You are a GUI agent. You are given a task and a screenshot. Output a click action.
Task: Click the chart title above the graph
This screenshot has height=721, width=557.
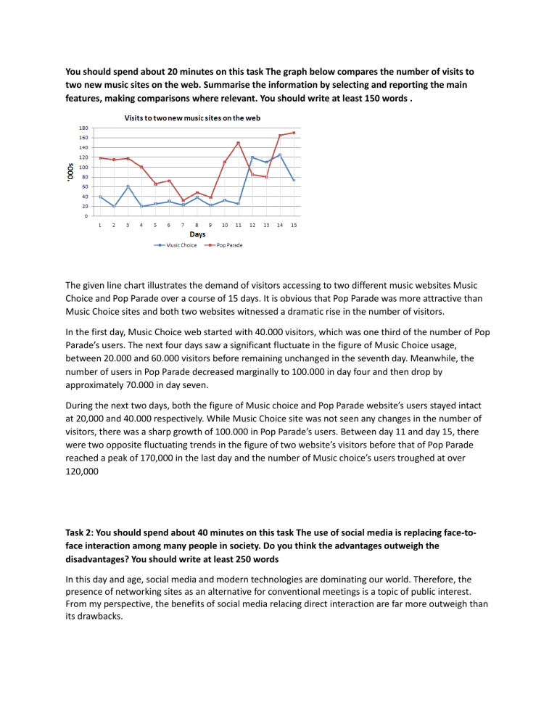194,118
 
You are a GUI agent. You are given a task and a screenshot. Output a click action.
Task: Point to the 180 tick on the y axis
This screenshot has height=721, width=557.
84,128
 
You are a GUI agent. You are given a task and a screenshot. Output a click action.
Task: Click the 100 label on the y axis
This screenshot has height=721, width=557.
84,167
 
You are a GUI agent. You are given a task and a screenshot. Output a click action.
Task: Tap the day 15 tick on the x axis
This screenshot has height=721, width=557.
294,225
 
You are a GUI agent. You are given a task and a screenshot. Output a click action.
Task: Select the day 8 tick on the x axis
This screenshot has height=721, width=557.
197,225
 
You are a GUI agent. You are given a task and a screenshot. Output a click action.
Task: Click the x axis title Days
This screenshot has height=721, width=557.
197,234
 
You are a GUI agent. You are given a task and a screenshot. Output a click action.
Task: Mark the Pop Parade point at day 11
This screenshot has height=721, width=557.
238,143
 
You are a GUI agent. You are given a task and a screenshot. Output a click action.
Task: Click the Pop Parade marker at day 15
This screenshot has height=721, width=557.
294,133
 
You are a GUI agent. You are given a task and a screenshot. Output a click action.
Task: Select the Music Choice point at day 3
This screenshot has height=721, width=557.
128,186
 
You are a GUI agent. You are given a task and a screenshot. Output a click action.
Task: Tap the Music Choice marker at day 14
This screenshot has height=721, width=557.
280,154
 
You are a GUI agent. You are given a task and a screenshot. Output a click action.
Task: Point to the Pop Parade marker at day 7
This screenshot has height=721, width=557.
183,200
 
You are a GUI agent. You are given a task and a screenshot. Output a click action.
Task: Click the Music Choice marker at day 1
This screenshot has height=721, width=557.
100,197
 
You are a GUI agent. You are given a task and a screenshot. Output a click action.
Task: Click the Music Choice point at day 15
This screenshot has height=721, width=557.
294,180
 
